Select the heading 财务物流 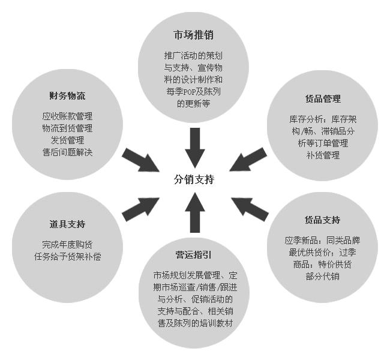click(67, 96)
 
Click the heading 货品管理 click(323, 99)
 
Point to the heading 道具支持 click(67, 224)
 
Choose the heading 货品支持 click(322, 220)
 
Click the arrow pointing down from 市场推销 click(194, 145)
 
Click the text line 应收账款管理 click(67, 116)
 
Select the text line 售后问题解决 click(67, 152)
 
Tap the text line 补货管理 click(323, 155)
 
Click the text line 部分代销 click(323, 276)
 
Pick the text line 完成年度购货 click(67, 245)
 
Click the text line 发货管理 click(67, 140)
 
